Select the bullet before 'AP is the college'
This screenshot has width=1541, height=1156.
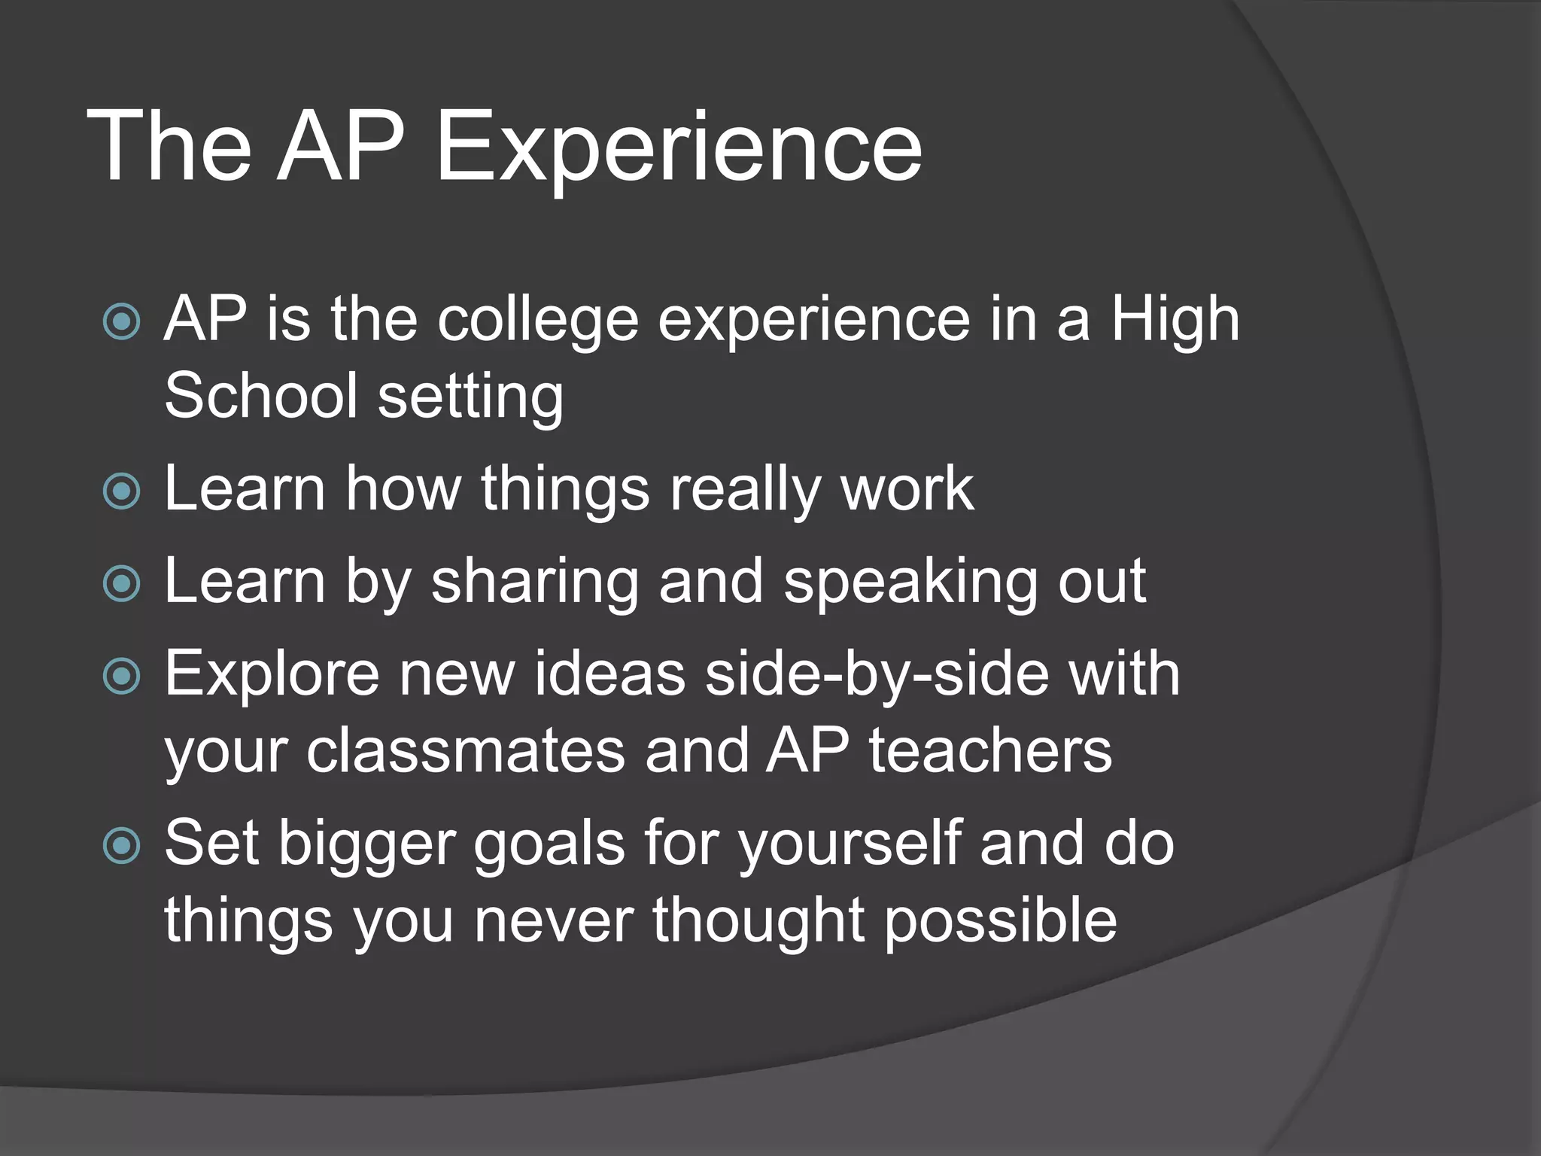(121, 322)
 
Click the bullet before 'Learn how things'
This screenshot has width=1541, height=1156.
(121, 491)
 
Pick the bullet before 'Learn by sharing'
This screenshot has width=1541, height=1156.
(121, 584)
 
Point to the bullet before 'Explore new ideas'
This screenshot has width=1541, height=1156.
(121, 676)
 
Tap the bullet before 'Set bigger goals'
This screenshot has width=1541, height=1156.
(121, 845)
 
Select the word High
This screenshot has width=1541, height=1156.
(1175, 320)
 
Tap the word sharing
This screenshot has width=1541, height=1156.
(535, 582)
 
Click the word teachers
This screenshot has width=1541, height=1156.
(990, 750)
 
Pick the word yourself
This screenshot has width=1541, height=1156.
(850, 843)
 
